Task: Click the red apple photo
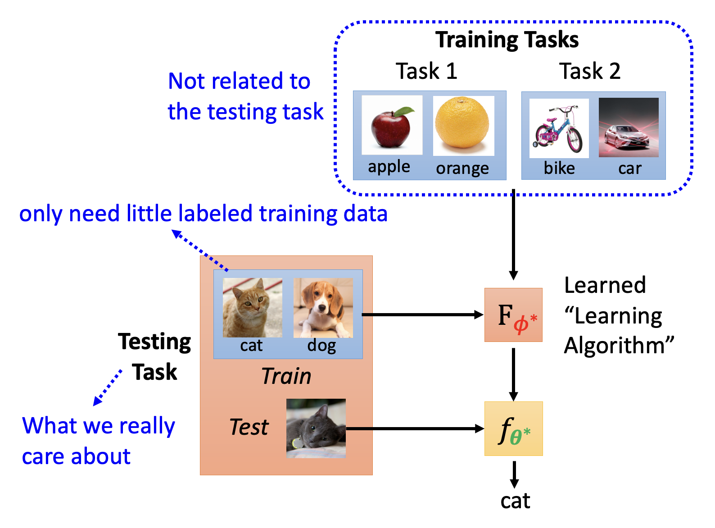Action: point(392,125)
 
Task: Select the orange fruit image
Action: point(463,126)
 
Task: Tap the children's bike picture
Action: point(559,128)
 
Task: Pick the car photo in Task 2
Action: point(628,127)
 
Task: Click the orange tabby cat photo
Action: point(253,307)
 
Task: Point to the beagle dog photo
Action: point(323,308)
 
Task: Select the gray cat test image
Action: point(316,428)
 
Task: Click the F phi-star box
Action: point(513,315)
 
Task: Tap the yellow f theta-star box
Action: point(514,428)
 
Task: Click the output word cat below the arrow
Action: point(515,501)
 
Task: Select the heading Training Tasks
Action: point(507,40)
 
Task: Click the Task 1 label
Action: point(426,71)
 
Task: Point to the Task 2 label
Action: point(589,71)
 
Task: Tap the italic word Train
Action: point(286,376)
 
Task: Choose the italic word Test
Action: point(249,427)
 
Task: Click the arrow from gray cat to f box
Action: point(415,428)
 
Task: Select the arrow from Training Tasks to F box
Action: point(513,234)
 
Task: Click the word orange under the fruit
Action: point(462,168)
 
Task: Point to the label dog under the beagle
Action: point(321,346)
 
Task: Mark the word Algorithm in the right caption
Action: point(615,346)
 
